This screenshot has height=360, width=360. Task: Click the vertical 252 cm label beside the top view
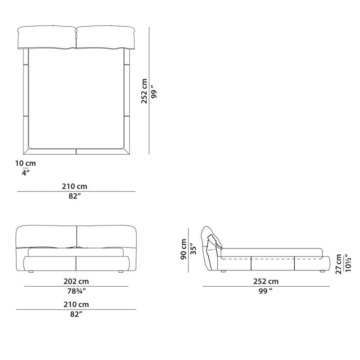tap(144, 91)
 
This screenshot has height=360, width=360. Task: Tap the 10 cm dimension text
tap(26, 163)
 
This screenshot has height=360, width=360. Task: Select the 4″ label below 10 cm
tap(26, 173)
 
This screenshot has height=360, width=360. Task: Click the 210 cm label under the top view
tap(75, 186)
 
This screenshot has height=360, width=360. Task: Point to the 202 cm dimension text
tap(76, 281)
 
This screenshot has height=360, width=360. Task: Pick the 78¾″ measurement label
tap(76, 291)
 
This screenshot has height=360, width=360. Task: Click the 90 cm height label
tap(184, 249)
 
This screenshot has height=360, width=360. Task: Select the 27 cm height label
tap(339, 264)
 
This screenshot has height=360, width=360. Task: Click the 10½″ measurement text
tap(348, 263)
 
